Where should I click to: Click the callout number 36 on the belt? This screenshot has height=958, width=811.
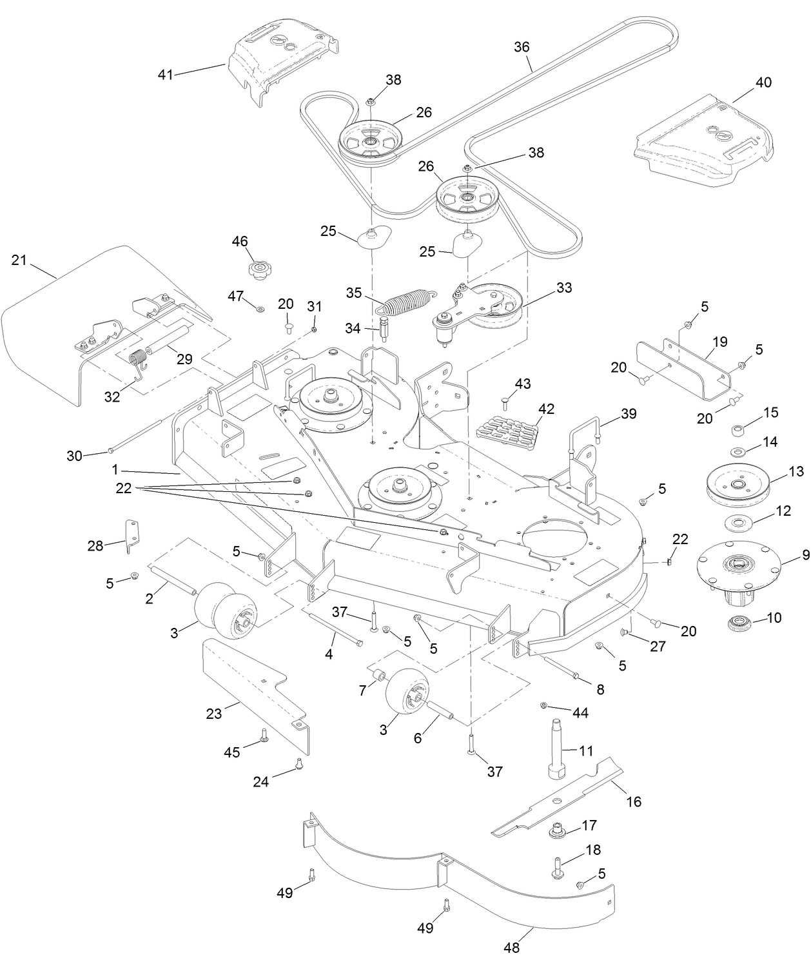[x=522, y=47]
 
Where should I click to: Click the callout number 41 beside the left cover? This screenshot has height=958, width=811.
[x=165, y=75]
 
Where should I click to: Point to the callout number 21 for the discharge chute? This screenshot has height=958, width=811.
[x=19, y=260]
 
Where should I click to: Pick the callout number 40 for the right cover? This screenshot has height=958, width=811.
[x=763, y=83]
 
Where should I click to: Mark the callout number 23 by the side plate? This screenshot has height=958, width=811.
[x=213, y=714]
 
